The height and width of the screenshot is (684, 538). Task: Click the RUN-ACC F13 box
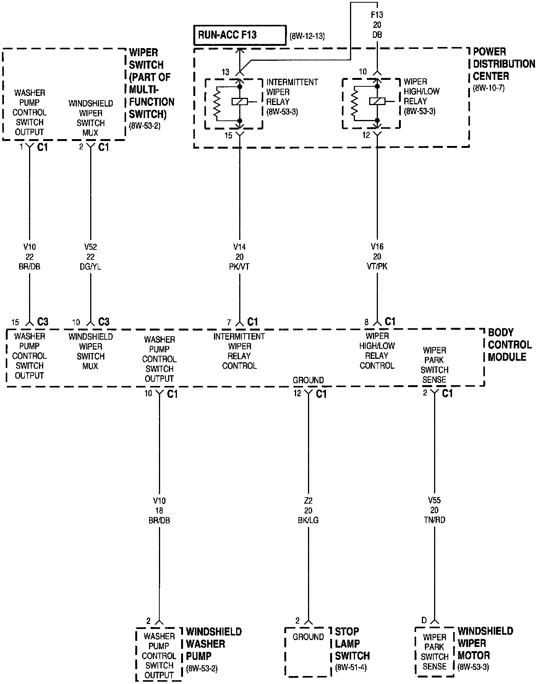click(x=240, y=36)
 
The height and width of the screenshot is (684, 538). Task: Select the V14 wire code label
click(x=240, y=247)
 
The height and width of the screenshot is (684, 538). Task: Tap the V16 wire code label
click(x=377, y=246)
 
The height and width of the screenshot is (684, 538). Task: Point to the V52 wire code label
click(x=91, y=247)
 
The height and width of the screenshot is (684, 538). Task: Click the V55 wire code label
click(x=434, y=500)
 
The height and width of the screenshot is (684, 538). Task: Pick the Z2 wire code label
click(x=308, y=501)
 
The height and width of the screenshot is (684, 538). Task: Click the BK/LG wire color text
click(x=308, y=520)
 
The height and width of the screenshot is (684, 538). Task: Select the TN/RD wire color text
click(x=434, y=520)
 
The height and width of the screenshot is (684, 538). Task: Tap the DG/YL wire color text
click(x=91, y=266)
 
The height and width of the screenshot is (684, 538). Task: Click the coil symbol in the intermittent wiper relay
click(x=240, y=102)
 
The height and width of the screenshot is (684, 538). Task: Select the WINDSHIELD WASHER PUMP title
click(x=214, y=643)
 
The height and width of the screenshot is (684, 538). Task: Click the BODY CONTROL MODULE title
click(x=509, y=345)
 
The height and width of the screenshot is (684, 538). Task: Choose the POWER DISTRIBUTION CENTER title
click(x=504, y=64)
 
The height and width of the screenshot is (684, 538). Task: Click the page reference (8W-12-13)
click(x=307, y=37)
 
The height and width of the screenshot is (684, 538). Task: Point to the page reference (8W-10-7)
click(x=489, y=88)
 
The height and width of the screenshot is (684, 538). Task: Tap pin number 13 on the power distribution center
click(x=225, y=72)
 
